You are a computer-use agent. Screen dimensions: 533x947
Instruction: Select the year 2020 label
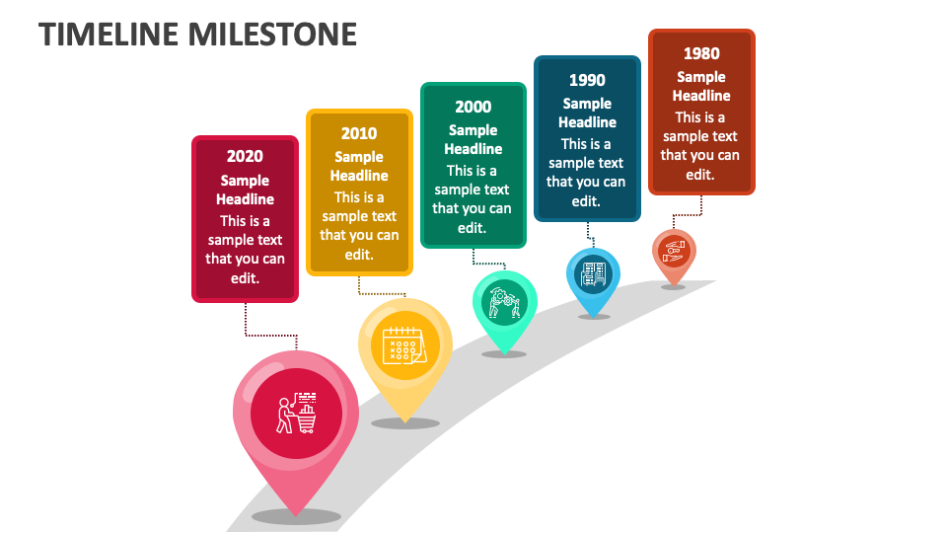pyautogui.click(x=245, y=156)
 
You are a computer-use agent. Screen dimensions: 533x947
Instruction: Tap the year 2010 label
pyautogui.click(x=359, y=133)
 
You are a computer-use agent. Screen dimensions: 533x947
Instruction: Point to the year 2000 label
pyautogui.click(x=473, y=107)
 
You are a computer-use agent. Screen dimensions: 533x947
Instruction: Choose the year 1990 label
pyautogui.click(x=587, y=80)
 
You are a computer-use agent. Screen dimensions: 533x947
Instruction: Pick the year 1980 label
pyautogui.click(x=701, y=53)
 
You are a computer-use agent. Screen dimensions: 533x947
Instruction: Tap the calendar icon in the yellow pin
pyautogui.click(x=404, y=345)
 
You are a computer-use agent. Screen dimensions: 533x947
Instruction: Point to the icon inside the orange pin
pyautogui.click(x=674, y=250)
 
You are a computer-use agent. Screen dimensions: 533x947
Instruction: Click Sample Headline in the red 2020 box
pyautogui.click(x=245, y=190)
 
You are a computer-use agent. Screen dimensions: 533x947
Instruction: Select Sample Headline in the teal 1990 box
pyautogui.click(x=587, y=113)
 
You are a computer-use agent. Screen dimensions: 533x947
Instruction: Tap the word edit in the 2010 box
pyautogui.click(x=359, y=254)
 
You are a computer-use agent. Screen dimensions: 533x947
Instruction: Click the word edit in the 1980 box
pyautogui.click(x=701, y=174)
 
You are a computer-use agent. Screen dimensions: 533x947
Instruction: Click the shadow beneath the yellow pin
pyautogui.click(x=404, y=423)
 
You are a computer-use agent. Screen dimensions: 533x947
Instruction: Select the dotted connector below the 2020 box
pyautogui.click(x=246, y=321)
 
